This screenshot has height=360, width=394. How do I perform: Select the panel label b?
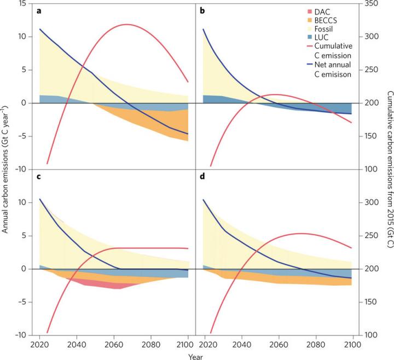click(x=203, y=11)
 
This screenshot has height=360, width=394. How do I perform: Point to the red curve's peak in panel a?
click(x=126, y=24)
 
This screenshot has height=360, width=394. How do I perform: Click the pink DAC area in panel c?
click(x=104, y=284)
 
